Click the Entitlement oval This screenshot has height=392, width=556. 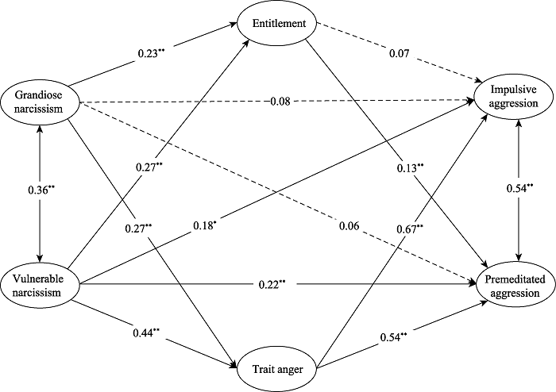279,22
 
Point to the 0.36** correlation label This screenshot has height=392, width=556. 40,191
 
